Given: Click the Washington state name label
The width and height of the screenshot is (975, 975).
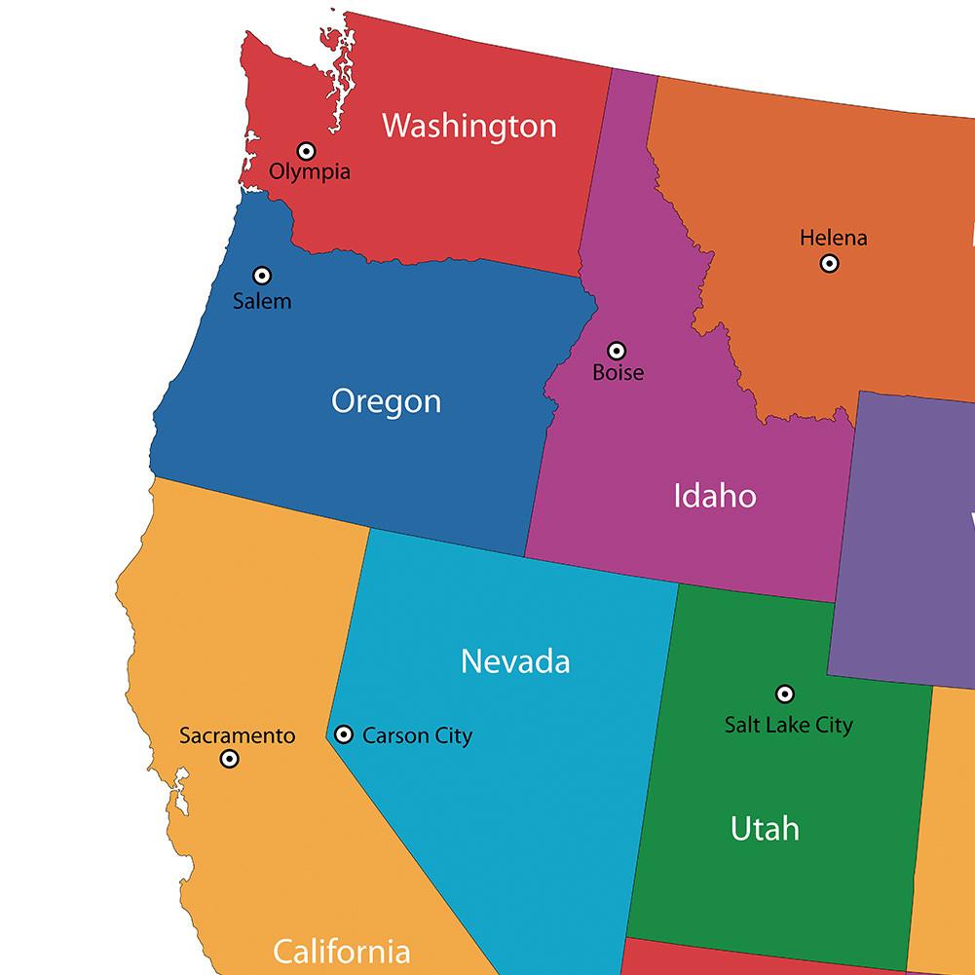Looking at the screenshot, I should point(469,126).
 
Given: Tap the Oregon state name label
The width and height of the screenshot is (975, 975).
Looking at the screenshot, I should point(386,401).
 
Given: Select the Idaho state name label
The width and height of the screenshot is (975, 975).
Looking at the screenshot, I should point(714,496).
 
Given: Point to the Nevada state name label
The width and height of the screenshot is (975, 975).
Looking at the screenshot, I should point(515,661).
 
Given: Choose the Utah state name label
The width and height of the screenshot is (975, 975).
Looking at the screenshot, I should point(765,829).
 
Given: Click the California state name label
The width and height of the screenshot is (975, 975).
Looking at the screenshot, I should point(341,951).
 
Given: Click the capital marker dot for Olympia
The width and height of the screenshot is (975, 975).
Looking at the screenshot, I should point(307,151).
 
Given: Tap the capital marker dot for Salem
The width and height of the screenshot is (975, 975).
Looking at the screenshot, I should point(262,276).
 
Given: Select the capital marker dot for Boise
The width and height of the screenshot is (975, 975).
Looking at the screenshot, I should point(617,351).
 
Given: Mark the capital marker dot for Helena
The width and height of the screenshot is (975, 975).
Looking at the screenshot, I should point(829,263).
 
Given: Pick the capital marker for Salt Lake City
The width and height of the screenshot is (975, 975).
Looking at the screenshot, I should point(784,694).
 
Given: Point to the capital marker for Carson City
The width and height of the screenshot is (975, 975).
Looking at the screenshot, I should point(344,734).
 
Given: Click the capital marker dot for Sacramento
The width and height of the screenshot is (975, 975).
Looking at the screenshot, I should point(230,759).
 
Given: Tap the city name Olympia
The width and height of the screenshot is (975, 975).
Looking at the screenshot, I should point(310,172).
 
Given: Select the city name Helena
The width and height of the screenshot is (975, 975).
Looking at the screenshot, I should point(833,238).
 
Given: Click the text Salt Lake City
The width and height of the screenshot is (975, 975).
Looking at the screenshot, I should point(788,724).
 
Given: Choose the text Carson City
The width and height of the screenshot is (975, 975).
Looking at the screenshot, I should point(417,735).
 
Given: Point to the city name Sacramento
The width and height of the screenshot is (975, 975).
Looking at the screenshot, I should point(237,735).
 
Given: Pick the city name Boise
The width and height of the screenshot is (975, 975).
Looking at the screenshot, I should point(619,372).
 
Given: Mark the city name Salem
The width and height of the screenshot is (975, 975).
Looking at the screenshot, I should point(262,301).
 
